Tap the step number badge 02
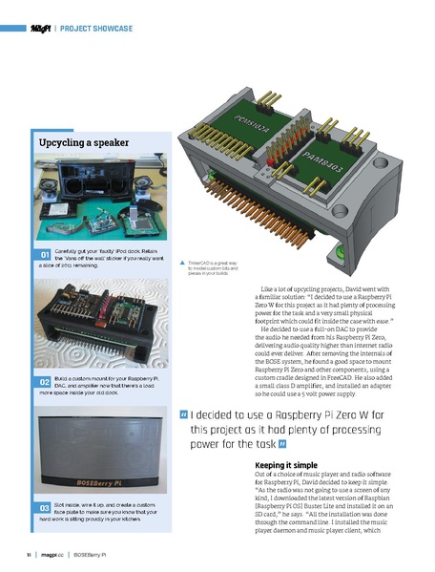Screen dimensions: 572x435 point(45,381)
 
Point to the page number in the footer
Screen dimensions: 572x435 point(30,554)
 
